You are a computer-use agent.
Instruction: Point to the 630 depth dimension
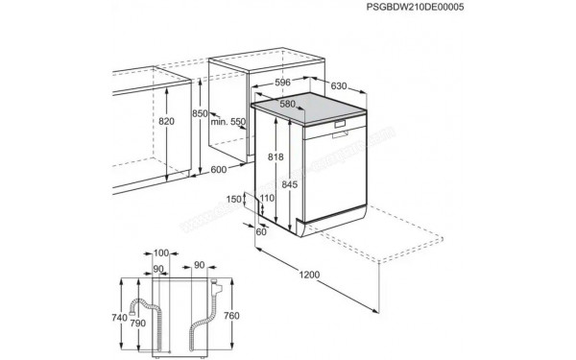pyautogui.click(x=338, y=86)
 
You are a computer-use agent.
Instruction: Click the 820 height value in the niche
pyautogui.click(x=166, y=122)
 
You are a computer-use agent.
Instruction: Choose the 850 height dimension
pyautogui.click(x=199, y=113)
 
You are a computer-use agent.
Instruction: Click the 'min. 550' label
pyautogui.click(x=228, y=122)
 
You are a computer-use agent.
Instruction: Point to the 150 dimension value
pyautogui.click(x=236, y=199)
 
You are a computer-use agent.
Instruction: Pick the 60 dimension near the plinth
pyautogui.click(x=261, y=230)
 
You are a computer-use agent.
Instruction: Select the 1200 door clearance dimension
pyautogui.click(x=309, y=276)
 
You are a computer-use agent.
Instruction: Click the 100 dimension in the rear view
pyautogui.click(x=160, y=252)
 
